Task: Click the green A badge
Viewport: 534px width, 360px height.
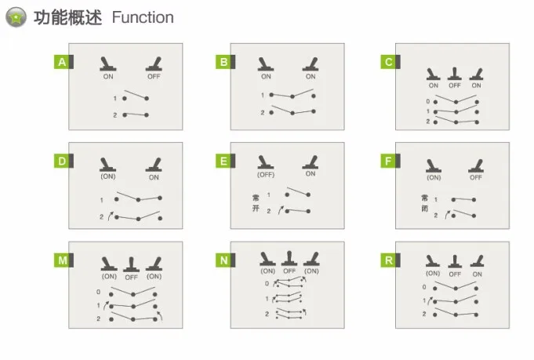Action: [x=62, y=62]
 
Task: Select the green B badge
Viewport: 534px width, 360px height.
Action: [x=223, y=62]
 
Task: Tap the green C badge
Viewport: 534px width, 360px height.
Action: [x=389, y=62]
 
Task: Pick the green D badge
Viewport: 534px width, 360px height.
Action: [x=62, y=161]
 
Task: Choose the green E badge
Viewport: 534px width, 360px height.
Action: [x=223, y=161]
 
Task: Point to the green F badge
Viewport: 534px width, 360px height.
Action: [x=389, y=161]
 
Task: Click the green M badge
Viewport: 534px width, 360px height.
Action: [x=62, y=260]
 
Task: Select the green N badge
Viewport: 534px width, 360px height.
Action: [x=223, y=260]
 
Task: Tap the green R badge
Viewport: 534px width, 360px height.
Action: [x=389, y=260]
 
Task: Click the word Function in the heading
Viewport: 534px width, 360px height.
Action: [x=143, y=17]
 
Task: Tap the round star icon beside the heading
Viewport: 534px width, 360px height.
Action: [x=16, y=17]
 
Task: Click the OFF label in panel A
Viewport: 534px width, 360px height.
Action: [x=154, y=77]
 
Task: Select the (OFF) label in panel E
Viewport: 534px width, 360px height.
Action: [x=266, y=175]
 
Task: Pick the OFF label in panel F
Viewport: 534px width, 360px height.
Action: [x=476, y=177]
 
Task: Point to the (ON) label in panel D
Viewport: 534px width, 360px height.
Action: [x=108, y=176]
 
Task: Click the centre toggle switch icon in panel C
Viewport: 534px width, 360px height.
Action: [x=455, y=74]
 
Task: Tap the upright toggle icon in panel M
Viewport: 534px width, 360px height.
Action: [x=131, y=264]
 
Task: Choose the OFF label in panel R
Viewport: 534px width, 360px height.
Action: [x=455, y=275]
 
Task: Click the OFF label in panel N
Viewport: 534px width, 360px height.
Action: [x=289, y=271]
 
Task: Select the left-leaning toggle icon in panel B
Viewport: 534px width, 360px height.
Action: [x=266, y=64]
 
